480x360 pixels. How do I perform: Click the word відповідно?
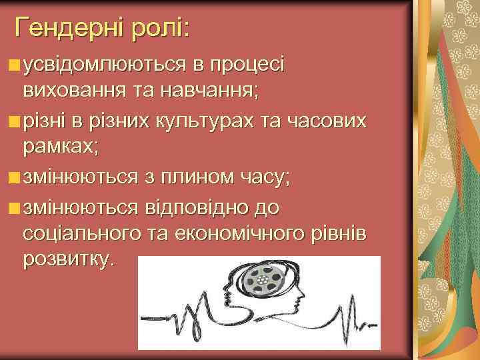[195, 207]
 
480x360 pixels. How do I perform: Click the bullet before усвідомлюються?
[15, 65]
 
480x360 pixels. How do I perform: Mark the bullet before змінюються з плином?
[15, 178]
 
